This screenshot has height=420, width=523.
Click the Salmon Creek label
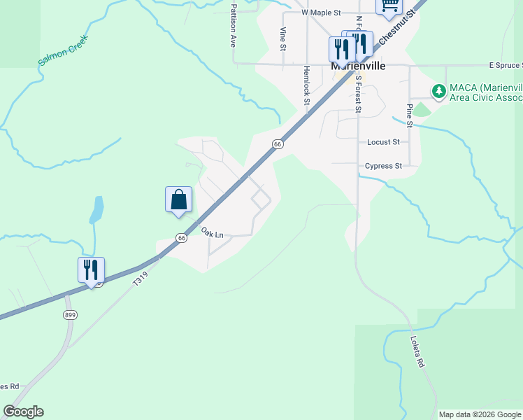coord(62,50)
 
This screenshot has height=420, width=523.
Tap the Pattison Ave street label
coord(234,26)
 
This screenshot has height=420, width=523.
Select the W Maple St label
coord(320,13)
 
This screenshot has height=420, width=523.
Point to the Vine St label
coord(283,39)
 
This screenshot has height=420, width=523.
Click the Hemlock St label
coord(306,85)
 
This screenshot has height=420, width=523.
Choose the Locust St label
coord(383,142)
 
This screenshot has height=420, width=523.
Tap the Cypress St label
coord(383,167)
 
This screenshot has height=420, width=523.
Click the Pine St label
coord(410,115)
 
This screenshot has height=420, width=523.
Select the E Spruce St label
coord(506,65)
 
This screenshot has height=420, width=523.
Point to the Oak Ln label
coord(211,232)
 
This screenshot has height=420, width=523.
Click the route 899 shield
coord(70,315)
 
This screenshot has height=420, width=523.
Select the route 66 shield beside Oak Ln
coord(181,238)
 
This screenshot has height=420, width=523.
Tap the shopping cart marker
coord(389,5)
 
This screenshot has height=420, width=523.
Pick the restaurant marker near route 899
coord(91,270)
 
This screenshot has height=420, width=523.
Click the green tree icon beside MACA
coord(438,91)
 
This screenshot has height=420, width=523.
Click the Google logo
coord(23,412)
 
